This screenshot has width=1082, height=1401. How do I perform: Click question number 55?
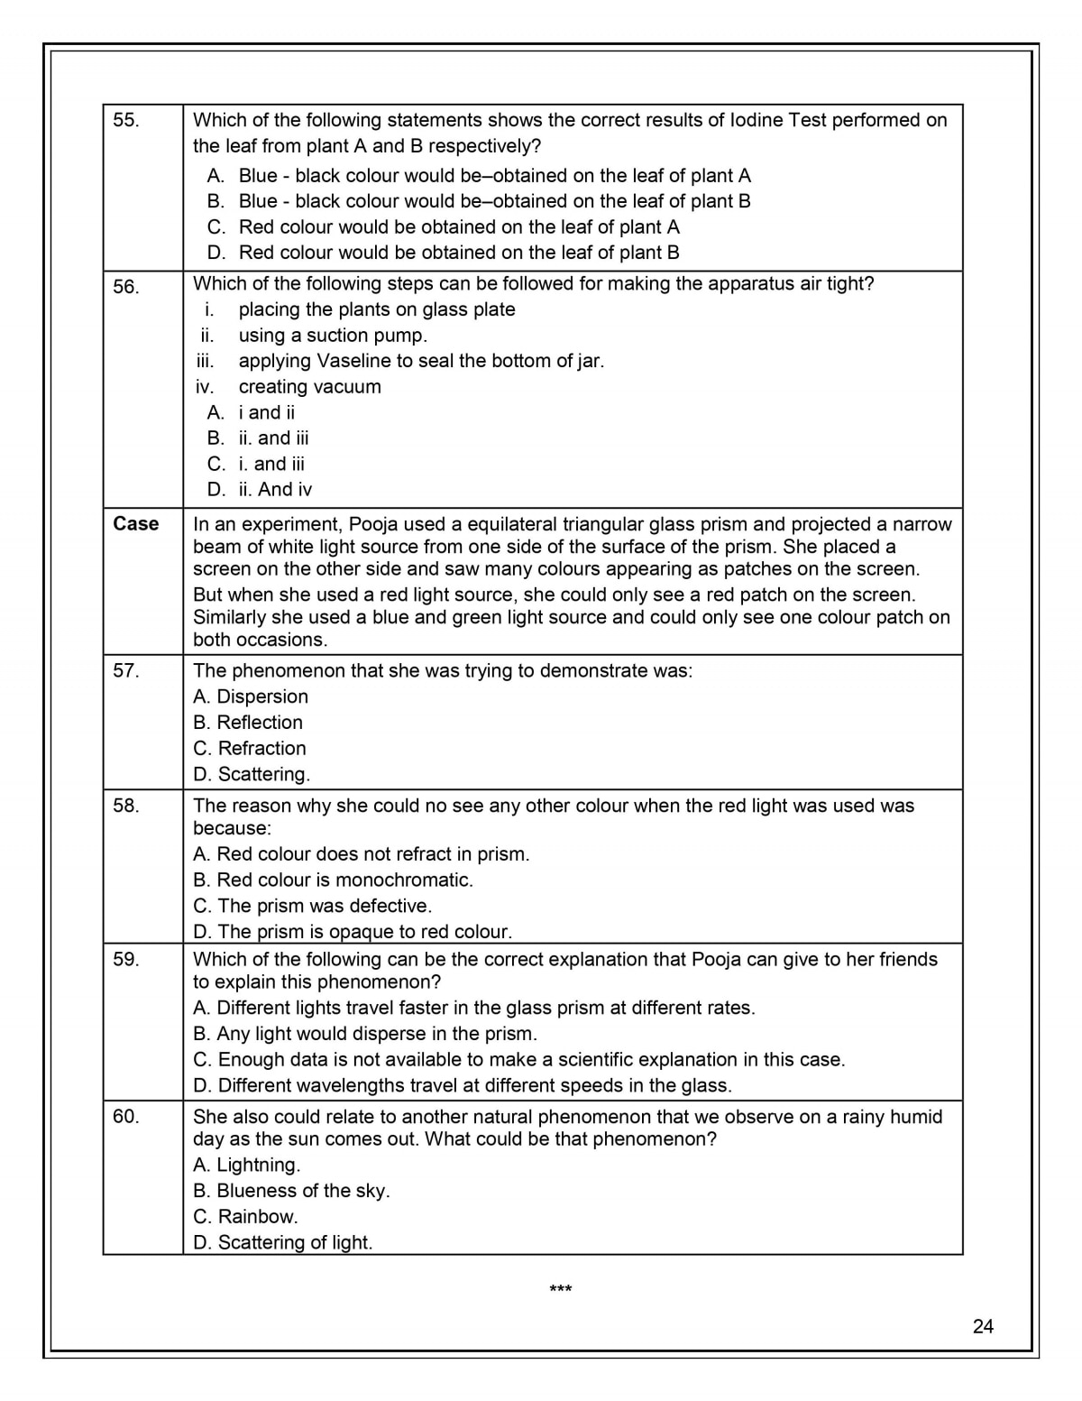click(x=126, y=120)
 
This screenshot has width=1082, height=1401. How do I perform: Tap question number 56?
click(x=126, y=287)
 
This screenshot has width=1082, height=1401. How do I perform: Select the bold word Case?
click(x=136, y=524)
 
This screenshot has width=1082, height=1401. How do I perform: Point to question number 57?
click(x=126, y=670)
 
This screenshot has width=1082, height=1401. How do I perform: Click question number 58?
click(x=126, y=806)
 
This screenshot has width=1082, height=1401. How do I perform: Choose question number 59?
click(x=126, y=959)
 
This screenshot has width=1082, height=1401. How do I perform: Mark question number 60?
click(x=126, y=1117)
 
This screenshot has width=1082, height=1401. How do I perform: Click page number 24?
click(x=983, y=1325)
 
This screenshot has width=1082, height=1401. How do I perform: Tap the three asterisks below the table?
click(x=561, y=1290)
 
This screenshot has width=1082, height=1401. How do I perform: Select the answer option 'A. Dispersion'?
click(x=251, y=696)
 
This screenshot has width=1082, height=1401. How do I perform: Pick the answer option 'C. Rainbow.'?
click(x=245, y=1216)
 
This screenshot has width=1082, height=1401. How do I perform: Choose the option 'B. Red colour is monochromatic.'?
click(x=333, y=880)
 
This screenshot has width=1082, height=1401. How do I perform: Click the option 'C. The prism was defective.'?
click(x=313, y=906)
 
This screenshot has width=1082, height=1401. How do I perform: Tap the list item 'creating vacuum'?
click(x=309, y=387)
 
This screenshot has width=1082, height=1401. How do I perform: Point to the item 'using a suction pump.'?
click(x=333, y=336)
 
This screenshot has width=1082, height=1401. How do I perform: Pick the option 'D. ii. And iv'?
click(x=260, y=490)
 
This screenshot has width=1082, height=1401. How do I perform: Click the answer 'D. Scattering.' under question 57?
click(x=252, y=774)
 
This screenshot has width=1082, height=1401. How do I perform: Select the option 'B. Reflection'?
click(x=248, y=723)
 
